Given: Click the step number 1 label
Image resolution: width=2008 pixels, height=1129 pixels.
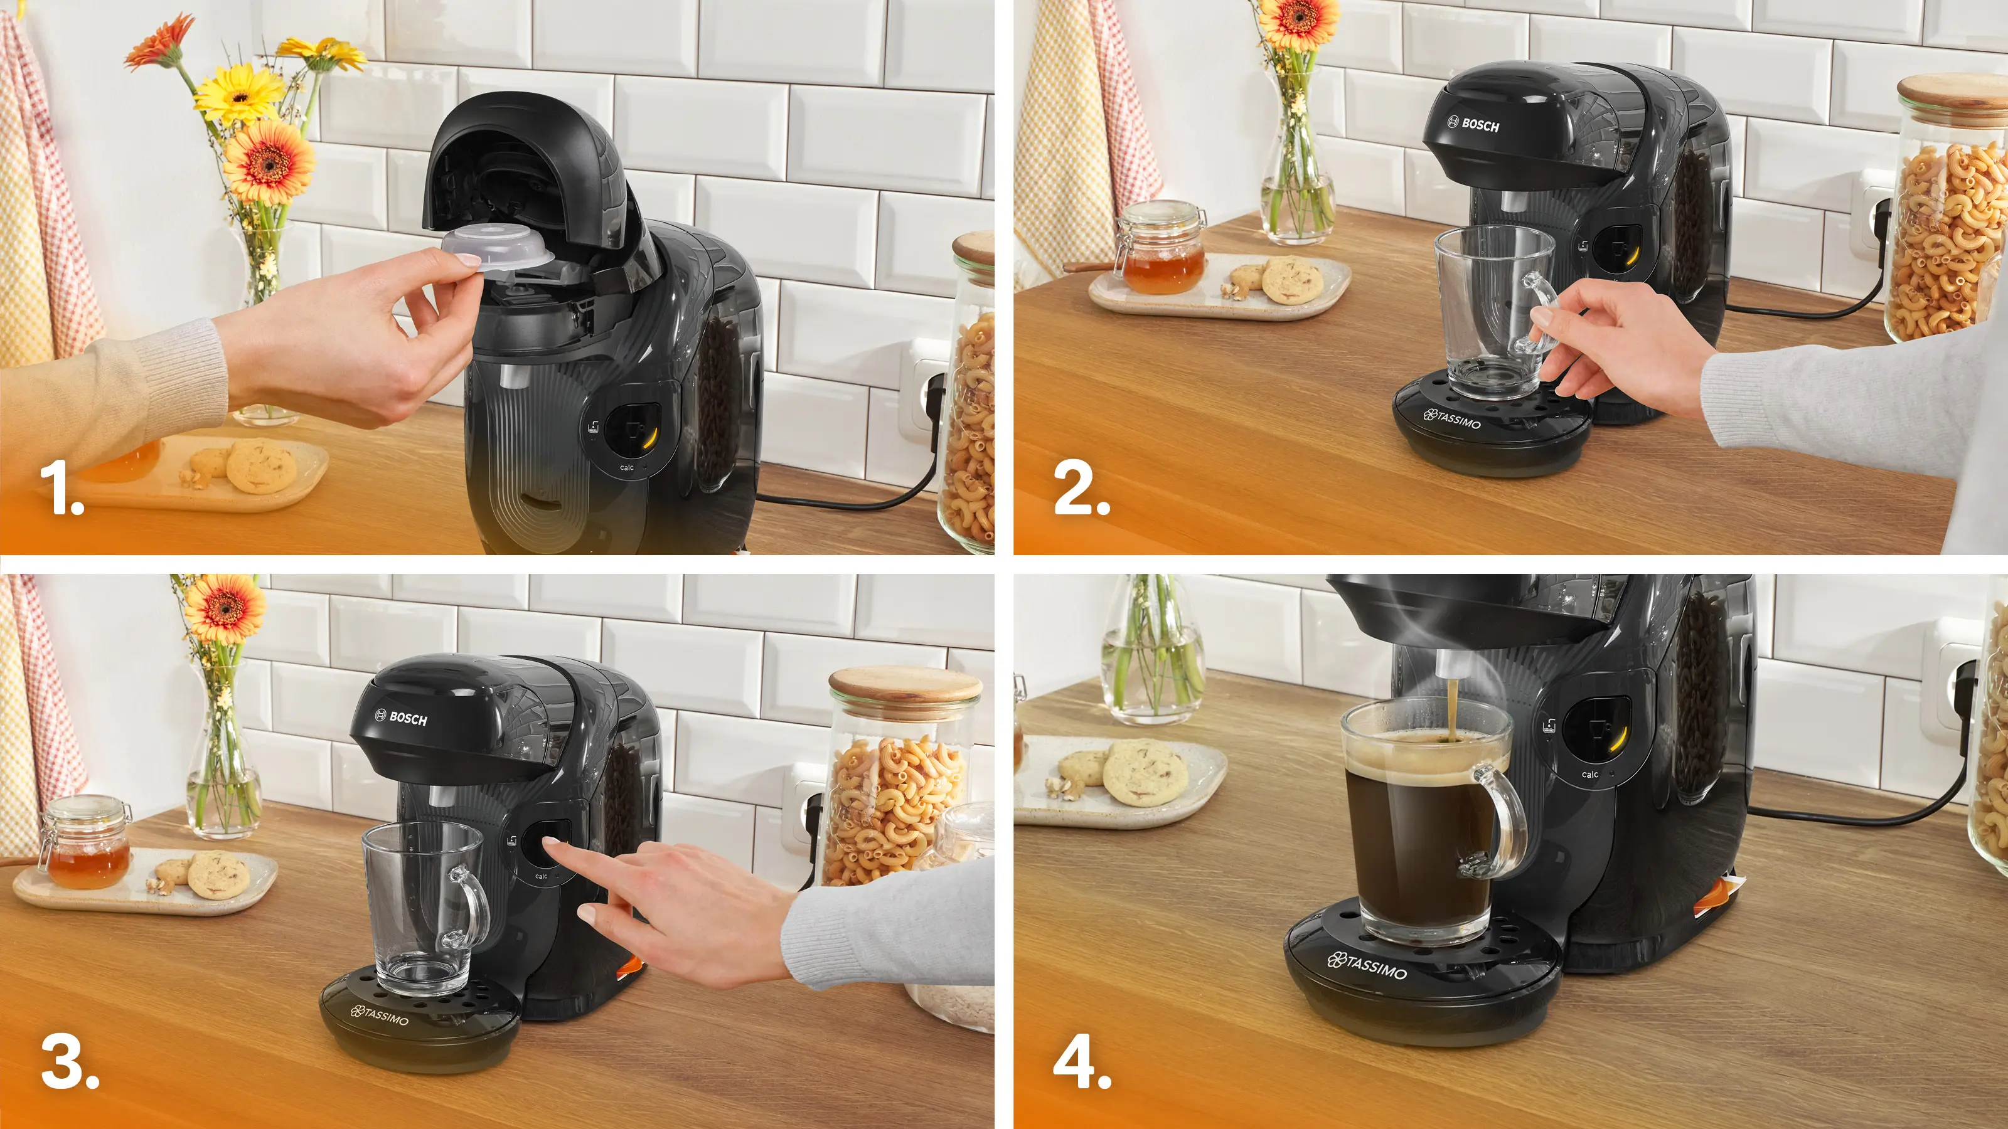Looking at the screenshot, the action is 62,488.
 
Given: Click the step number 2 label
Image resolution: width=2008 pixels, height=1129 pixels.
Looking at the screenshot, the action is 1081,488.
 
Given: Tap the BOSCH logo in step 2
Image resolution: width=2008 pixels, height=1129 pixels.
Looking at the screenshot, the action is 1473,124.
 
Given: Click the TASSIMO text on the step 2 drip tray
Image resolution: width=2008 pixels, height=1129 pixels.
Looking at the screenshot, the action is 1451,419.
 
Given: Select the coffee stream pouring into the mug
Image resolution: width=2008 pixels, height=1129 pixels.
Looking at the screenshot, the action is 1452,709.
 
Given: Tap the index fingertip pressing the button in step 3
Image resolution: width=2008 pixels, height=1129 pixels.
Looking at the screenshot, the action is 550,842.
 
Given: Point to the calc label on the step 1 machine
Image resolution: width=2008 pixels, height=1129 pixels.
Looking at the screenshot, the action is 627,467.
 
